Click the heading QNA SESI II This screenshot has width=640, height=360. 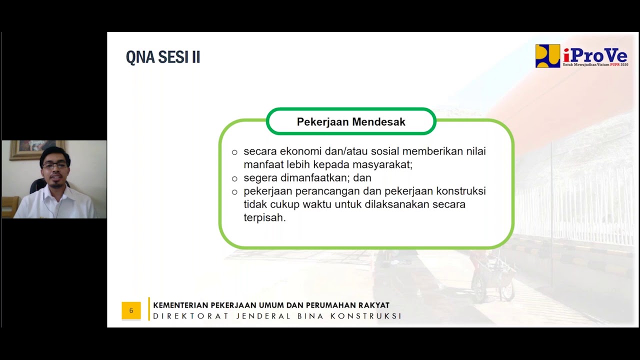[x=162, y=57]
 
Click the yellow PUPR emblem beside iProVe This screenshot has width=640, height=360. [x=547, y=56]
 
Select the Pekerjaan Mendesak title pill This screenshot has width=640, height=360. [x=351, y=122]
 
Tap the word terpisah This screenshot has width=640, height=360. [x=264, y=218]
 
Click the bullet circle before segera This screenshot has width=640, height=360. [x=234, y=178]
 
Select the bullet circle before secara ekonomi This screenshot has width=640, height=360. [x=234, y=152]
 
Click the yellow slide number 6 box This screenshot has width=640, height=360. [x=131, y=310]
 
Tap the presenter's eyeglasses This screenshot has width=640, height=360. [x=55, y=165]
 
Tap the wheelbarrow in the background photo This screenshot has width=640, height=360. [x=492, y=280]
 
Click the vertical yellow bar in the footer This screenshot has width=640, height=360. [x=149, y=309]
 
